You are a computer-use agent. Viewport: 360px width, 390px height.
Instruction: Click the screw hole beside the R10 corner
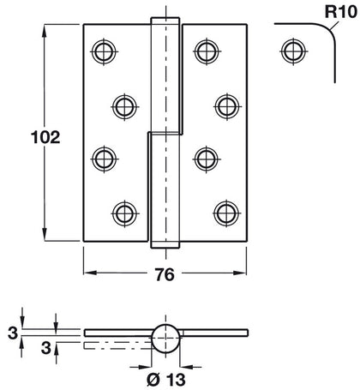(291, 51)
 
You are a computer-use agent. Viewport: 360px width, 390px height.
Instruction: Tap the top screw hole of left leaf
(105, 51)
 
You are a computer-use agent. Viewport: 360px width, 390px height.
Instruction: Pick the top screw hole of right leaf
(204, 51)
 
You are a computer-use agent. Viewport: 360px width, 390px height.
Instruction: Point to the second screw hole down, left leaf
(125, 105)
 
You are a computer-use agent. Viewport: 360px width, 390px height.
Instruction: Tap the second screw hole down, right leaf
(225, 105)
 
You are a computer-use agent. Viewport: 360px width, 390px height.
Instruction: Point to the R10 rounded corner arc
(325, 33)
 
